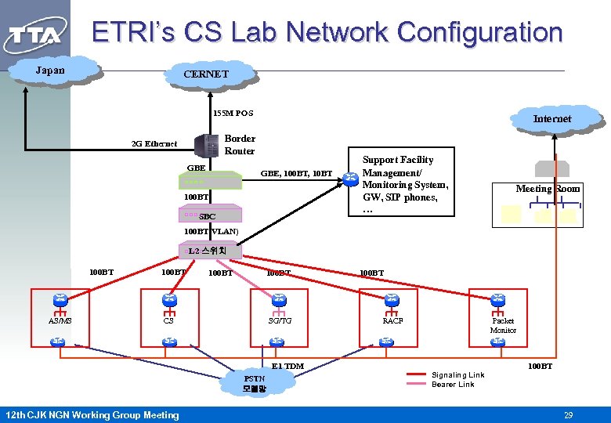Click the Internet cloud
tap(552, 118)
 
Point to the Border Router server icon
tap(207, 145)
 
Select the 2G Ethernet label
tap(154, 144)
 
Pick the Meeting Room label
tap(548, 188)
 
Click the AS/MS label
tap(60, 320)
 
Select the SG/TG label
tap(280, 320)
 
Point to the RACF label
tap(392, 320)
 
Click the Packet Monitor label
tap(503, 325)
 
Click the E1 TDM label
tap(287, 366)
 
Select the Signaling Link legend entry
tap(457, 374)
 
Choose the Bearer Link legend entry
tap(453, 385)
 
